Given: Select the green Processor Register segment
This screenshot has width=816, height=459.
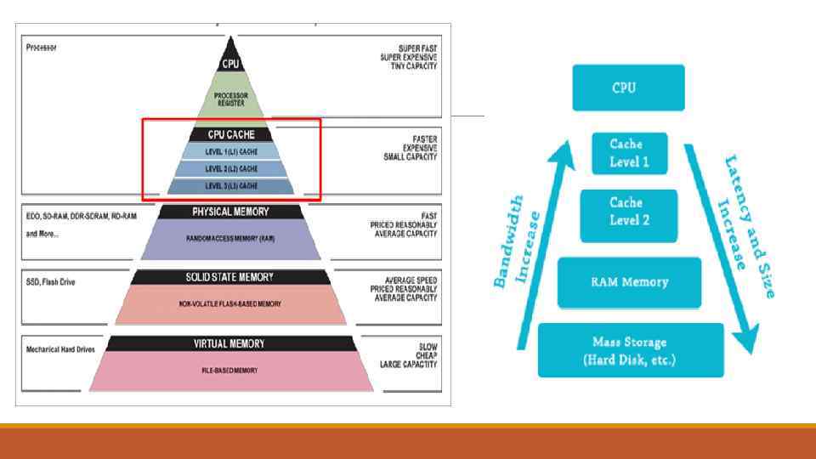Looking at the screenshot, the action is tap(230, 97).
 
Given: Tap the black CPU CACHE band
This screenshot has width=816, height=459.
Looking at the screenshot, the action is tap(230, 134).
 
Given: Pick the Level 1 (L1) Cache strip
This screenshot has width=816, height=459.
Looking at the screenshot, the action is tap(230, 151).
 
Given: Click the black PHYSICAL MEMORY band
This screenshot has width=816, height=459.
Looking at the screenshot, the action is tap(230, 212).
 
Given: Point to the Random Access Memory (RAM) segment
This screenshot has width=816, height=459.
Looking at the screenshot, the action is tap(230, 239).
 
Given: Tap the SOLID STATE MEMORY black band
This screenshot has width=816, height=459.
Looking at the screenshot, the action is tap(230, 277).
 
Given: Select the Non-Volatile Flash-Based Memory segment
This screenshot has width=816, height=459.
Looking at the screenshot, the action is tap(230, 303).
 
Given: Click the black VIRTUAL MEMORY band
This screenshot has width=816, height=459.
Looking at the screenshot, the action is tap(230, 343).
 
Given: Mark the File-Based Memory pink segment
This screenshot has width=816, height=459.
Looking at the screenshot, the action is tap(230, 370).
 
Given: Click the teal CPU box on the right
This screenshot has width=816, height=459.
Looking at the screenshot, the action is tap(628, 88).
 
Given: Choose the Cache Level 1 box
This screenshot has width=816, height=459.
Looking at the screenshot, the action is tap(629, 154).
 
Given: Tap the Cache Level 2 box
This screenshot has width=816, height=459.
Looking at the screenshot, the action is tap(629, 212).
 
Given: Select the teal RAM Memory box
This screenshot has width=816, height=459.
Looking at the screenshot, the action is tap(629, 282).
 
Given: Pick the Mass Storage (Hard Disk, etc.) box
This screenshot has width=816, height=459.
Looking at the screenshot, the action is tap(631, 349).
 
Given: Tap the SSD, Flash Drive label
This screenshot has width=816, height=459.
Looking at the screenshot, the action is tap(50, 281).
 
